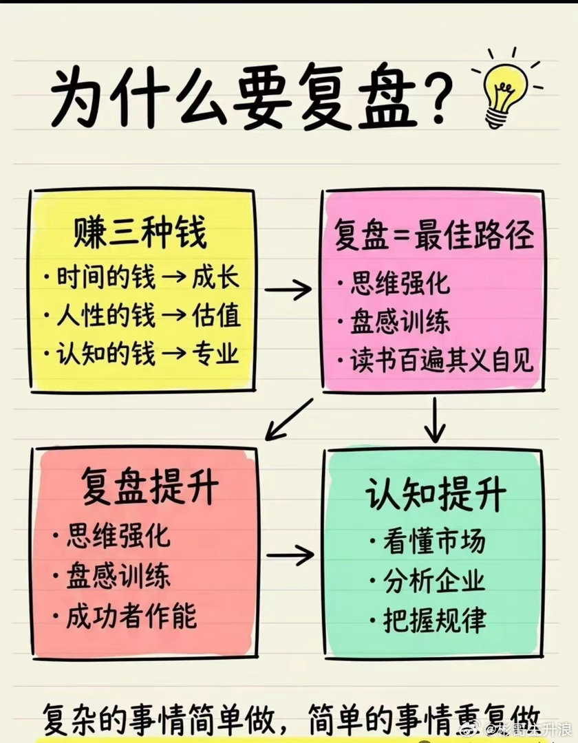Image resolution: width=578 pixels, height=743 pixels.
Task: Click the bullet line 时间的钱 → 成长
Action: point(140,278)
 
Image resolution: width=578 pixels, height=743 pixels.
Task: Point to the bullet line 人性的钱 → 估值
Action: point(140,316)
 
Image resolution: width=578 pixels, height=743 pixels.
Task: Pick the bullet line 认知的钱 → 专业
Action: point(140,354)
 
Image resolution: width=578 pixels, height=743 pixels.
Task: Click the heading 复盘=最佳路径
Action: point(434,236)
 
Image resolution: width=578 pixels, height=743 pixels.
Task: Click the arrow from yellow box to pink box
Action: point(288,291)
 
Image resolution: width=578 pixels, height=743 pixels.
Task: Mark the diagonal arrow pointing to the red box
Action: point(289,419)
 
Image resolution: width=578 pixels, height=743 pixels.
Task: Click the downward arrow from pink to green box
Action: point(434,420)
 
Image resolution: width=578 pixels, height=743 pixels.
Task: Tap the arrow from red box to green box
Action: point(290,554)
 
